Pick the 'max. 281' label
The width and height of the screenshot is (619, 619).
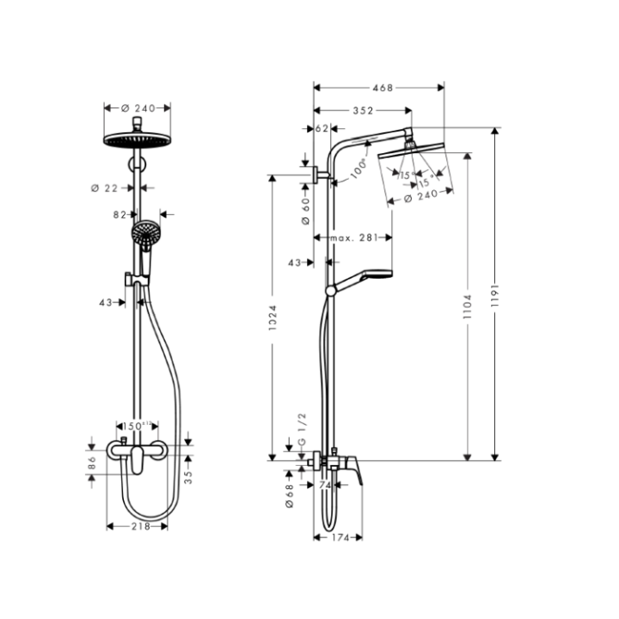[347, 237]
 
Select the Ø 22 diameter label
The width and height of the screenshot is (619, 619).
[107, 187]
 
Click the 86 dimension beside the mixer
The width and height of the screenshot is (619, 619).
[93, 461]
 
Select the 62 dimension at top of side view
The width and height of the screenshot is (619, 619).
[322, 129]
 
